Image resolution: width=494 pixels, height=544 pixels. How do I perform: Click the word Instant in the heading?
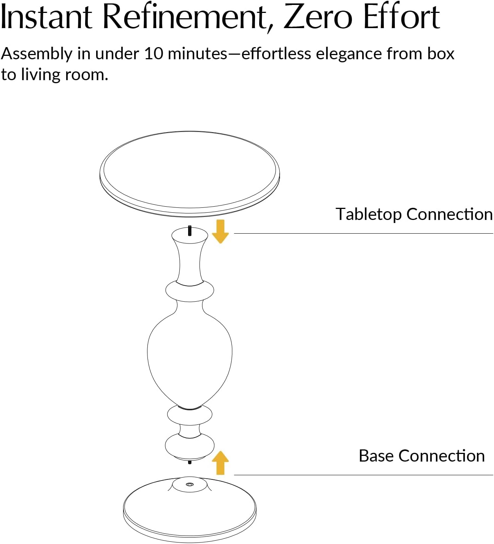(x=46, y=17)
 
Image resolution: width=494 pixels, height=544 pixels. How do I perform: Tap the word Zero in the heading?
(x=317, y=17)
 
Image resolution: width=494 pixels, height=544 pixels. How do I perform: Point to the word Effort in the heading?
(x=401, y=16)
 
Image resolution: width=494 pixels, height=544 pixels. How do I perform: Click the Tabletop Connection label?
(x=414, y=215)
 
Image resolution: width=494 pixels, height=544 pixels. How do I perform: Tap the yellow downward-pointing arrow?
(x=220, y=231)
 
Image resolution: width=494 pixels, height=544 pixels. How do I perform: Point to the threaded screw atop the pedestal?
(x=190, y=231)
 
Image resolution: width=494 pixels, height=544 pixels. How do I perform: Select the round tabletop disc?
(x=190, y=174)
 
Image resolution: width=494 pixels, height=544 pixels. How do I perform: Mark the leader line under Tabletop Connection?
(x=364, y=233)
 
